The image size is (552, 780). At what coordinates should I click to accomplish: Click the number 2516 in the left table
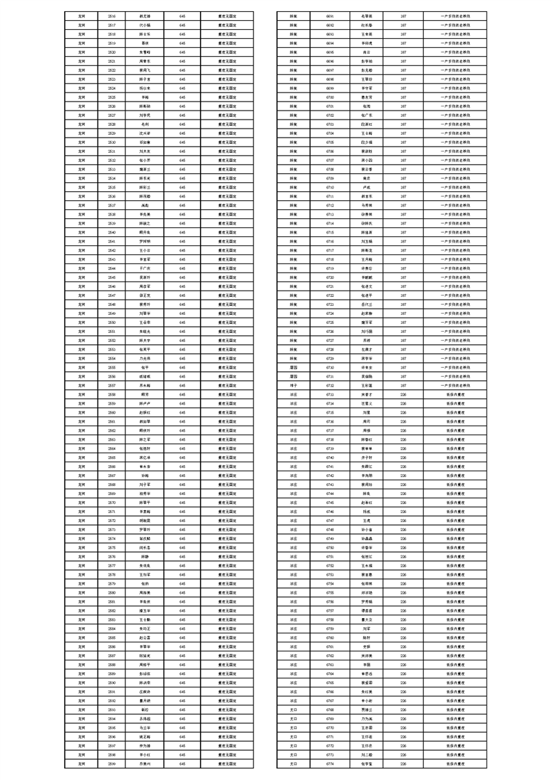[112, 15]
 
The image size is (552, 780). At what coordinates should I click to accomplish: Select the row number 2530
[112, 142]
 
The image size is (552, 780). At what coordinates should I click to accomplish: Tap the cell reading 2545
[112, 277]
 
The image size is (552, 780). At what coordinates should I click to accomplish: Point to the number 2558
[112, 394]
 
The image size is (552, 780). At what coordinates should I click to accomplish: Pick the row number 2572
[112, 520]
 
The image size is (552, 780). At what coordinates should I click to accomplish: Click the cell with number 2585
[112, 637]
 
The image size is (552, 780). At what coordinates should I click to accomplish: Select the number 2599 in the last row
[112, 763]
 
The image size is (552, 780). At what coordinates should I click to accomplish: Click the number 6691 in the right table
[330, 15]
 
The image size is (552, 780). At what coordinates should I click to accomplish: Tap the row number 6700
[330, 97]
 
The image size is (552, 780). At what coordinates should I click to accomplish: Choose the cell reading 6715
[330, 231]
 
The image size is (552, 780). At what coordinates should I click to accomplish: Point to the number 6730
[330, 367]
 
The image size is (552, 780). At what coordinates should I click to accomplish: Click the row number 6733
[330, 394]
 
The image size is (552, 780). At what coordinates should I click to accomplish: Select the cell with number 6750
[330, 547]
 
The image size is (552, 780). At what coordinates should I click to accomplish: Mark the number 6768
[330, 709]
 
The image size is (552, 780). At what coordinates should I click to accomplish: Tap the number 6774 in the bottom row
[330, 763]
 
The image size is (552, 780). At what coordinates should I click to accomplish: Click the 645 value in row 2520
[182, 51]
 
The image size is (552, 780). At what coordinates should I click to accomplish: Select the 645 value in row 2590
[182, 683]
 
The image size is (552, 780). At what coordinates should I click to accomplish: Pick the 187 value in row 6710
[403, 187]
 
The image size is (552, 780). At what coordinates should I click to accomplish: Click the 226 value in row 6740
[403, 457]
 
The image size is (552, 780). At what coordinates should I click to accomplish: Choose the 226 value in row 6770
[403, 727]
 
